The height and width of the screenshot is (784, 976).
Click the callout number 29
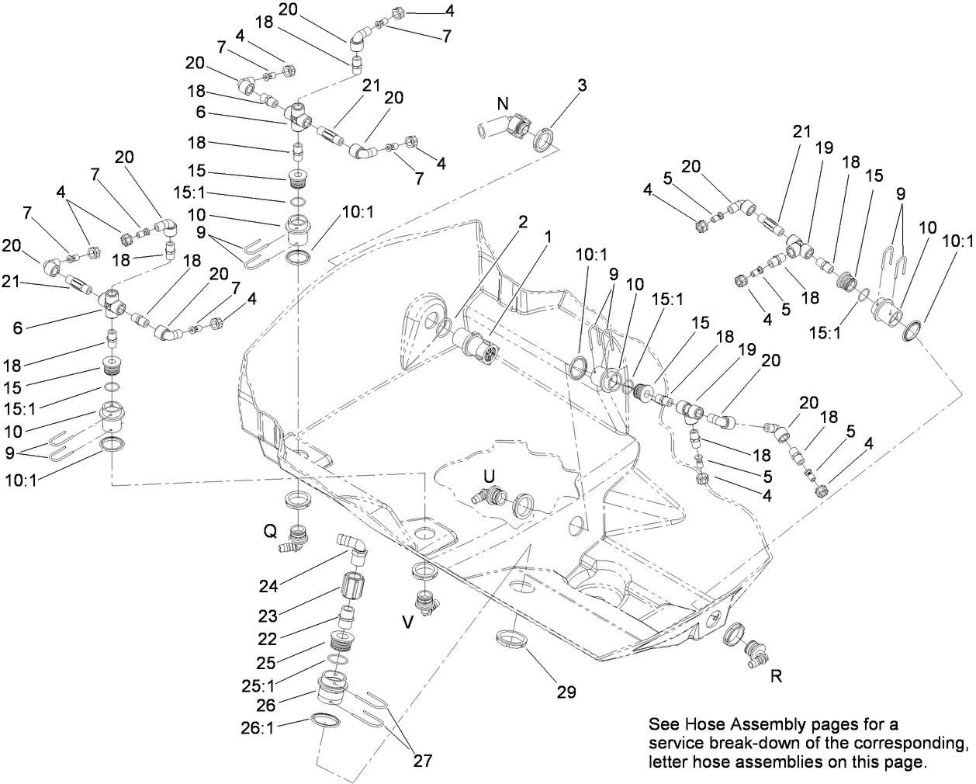[566, 692]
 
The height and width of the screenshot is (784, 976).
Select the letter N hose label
[504, 103]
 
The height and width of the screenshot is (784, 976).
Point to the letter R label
[775, 676]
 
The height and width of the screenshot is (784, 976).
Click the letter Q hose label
[270, 531]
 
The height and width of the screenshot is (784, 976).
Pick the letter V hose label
[408, 621]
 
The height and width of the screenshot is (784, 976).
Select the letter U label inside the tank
[489, 475]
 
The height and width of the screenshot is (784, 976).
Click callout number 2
[523, 222]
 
